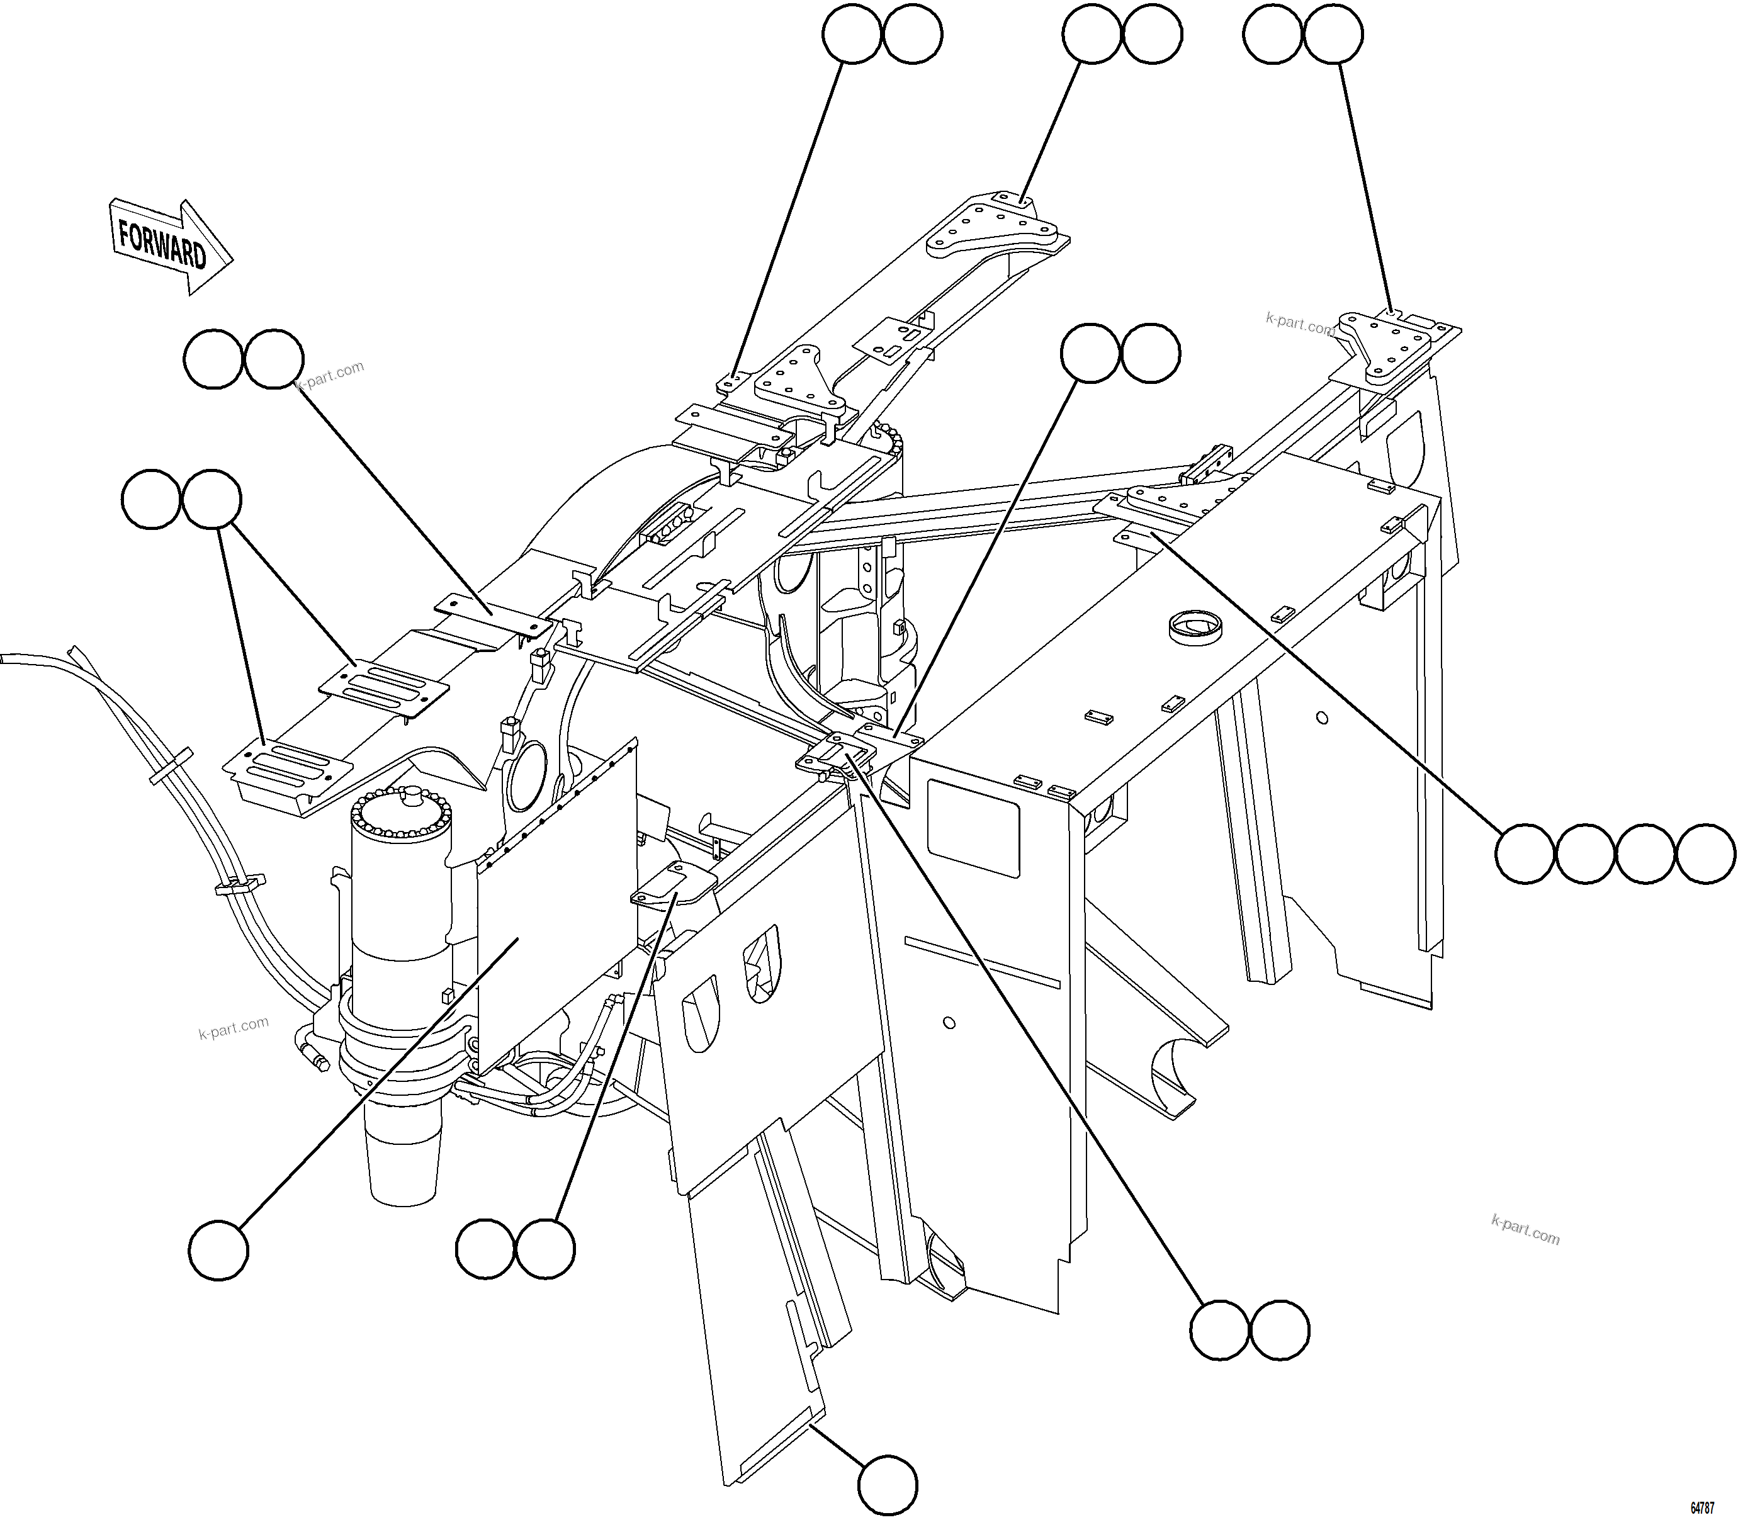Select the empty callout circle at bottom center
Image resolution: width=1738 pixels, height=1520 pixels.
click(x=887, y=1484)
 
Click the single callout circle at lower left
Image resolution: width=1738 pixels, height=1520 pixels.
click(x=218, y=1249)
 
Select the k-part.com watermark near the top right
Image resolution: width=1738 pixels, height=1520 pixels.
click(x=1299, y=323)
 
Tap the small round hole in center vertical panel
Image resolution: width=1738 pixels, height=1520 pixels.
click(x=949, y=1023)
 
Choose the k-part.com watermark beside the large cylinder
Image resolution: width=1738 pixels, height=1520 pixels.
click(x=234, y=1028)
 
